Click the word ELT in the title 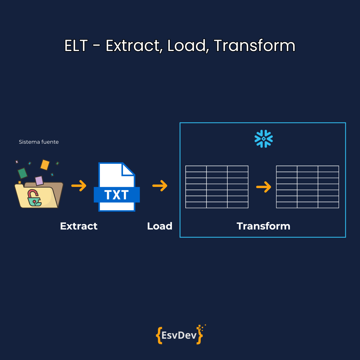[76, 46]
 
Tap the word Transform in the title [254, 46]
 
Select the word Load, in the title [186, 46]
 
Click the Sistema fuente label [39, 142]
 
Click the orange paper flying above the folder [45, 165]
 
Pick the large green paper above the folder [22, 173]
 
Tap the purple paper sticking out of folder [39, 181]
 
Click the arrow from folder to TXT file [79, 186]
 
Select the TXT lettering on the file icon [117, 195]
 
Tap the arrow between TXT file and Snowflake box [160, 186]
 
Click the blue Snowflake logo [264, 139]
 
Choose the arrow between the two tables [264, 187]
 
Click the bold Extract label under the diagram [79, 226]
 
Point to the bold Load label [160, 226]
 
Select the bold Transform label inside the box [263, 226]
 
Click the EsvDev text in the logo [179, 335]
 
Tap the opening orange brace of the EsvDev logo [159, 335]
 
